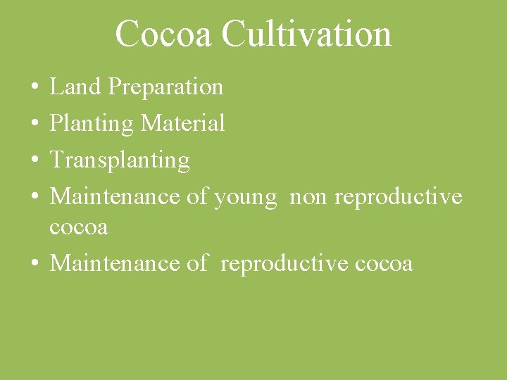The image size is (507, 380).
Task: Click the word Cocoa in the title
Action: [162, 34]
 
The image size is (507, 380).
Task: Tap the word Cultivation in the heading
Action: [306, 34]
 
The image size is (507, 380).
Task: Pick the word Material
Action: [183, 124]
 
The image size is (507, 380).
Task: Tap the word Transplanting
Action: [120, 160]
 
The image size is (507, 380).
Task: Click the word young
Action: [245, 197]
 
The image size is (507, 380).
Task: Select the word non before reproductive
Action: [308, 197]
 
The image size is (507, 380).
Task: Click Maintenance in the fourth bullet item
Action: [115, 196]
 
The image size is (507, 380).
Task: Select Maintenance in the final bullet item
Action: [115, 263]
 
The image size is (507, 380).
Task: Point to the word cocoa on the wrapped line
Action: [79, 227]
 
